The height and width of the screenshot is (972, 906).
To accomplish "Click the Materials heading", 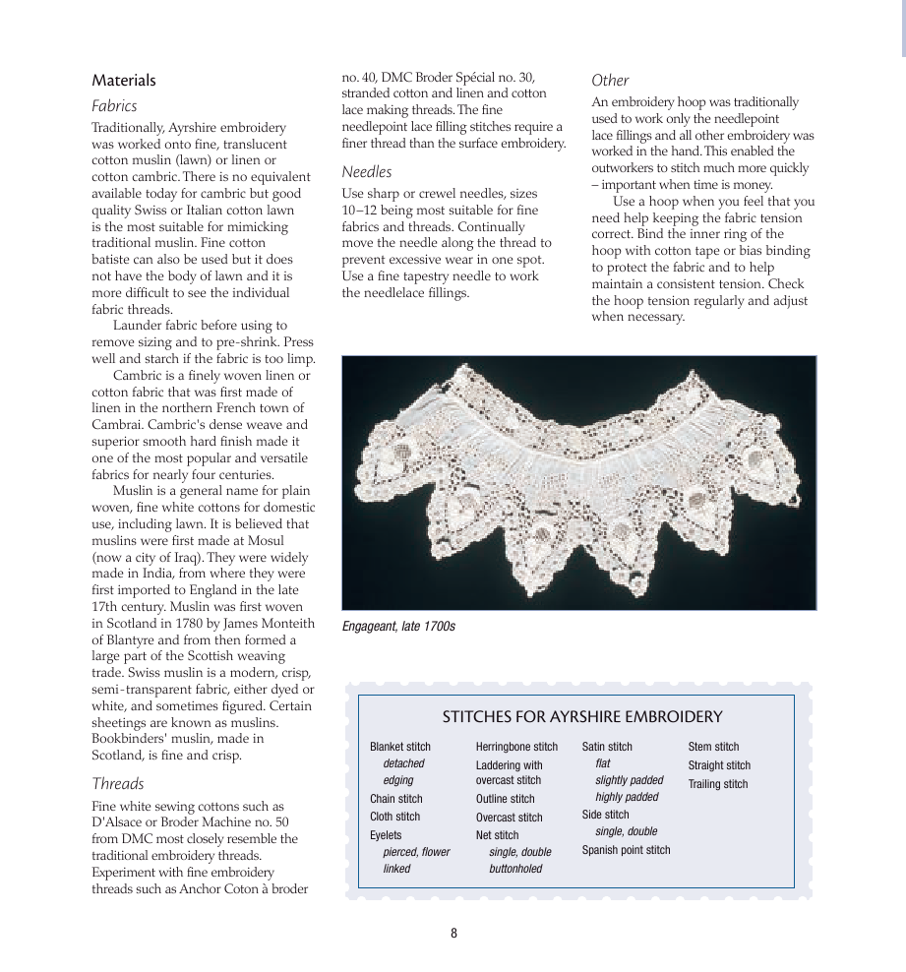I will click(x=124, y=81).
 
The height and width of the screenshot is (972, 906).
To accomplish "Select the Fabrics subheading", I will click(x=114, y=106).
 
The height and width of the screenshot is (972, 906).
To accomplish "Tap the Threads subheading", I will click(x=118, y=784).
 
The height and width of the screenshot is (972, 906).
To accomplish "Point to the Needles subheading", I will click(x=366, y=172).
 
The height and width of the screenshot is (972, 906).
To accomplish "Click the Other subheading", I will click(x=610, y=81).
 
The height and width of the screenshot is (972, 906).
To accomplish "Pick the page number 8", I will click(x=453, y=934).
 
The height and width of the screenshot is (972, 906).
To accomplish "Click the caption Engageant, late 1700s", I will click(x=398, y=626).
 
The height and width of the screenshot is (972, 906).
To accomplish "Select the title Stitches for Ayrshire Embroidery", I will click(x=582, y=717).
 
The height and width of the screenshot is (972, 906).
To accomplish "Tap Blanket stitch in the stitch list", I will click(x=400, y=747).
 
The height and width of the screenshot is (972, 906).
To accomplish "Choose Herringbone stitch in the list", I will click(x=516, y=747).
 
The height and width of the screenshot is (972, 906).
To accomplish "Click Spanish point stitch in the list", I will click(x=626, y=850).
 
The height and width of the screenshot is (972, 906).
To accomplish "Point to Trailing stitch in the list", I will click(x=717, y=784).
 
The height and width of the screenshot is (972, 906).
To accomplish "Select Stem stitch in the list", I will click(x=713, y=747).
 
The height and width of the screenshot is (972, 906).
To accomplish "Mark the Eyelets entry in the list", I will click(x=386, y=835).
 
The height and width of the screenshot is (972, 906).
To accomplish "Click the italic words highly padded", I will click(x=627, y=797).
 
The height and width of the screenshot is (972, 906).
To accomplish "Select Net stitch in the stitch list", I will click(x=497, y=835).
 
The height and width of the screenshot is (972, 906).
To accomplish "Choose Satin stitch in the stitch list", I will click(x=607, y=747).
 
